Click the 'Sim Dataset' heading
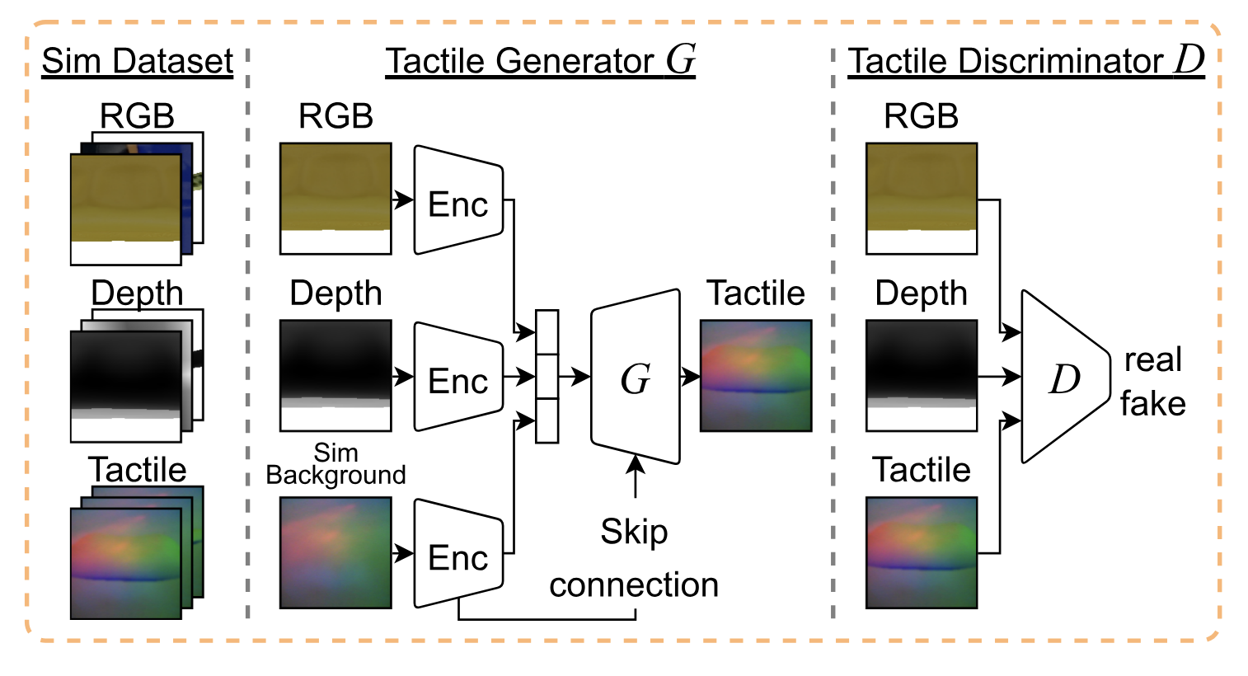tap(138, 61)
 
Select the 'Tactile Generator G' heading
tap(540, 61)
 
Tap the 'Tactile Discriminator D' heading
tap(1025, 61)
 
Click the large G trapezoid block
tap(636, 378)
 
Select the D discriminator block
tap(1063, 378)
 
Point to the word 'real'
tap(1153, 360)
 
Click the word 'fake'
tap(1152, 404)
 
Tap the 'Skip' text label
tap(634, 532)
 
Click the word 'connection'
tap(634, 585)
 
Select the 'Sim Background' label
tap(335, 464)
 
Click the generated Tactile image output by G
tap(756, 376)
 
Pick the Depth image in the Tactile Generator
tap(335, 376)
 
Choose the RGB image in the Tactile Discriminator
tap(922, 199)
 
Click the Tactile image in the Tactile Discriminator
tap(922, 552)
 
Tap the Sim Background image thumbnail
tap(335, 552)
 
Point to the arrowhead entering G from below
tap(636, 462)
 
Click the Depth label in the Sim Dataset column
tap(137, 293)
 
